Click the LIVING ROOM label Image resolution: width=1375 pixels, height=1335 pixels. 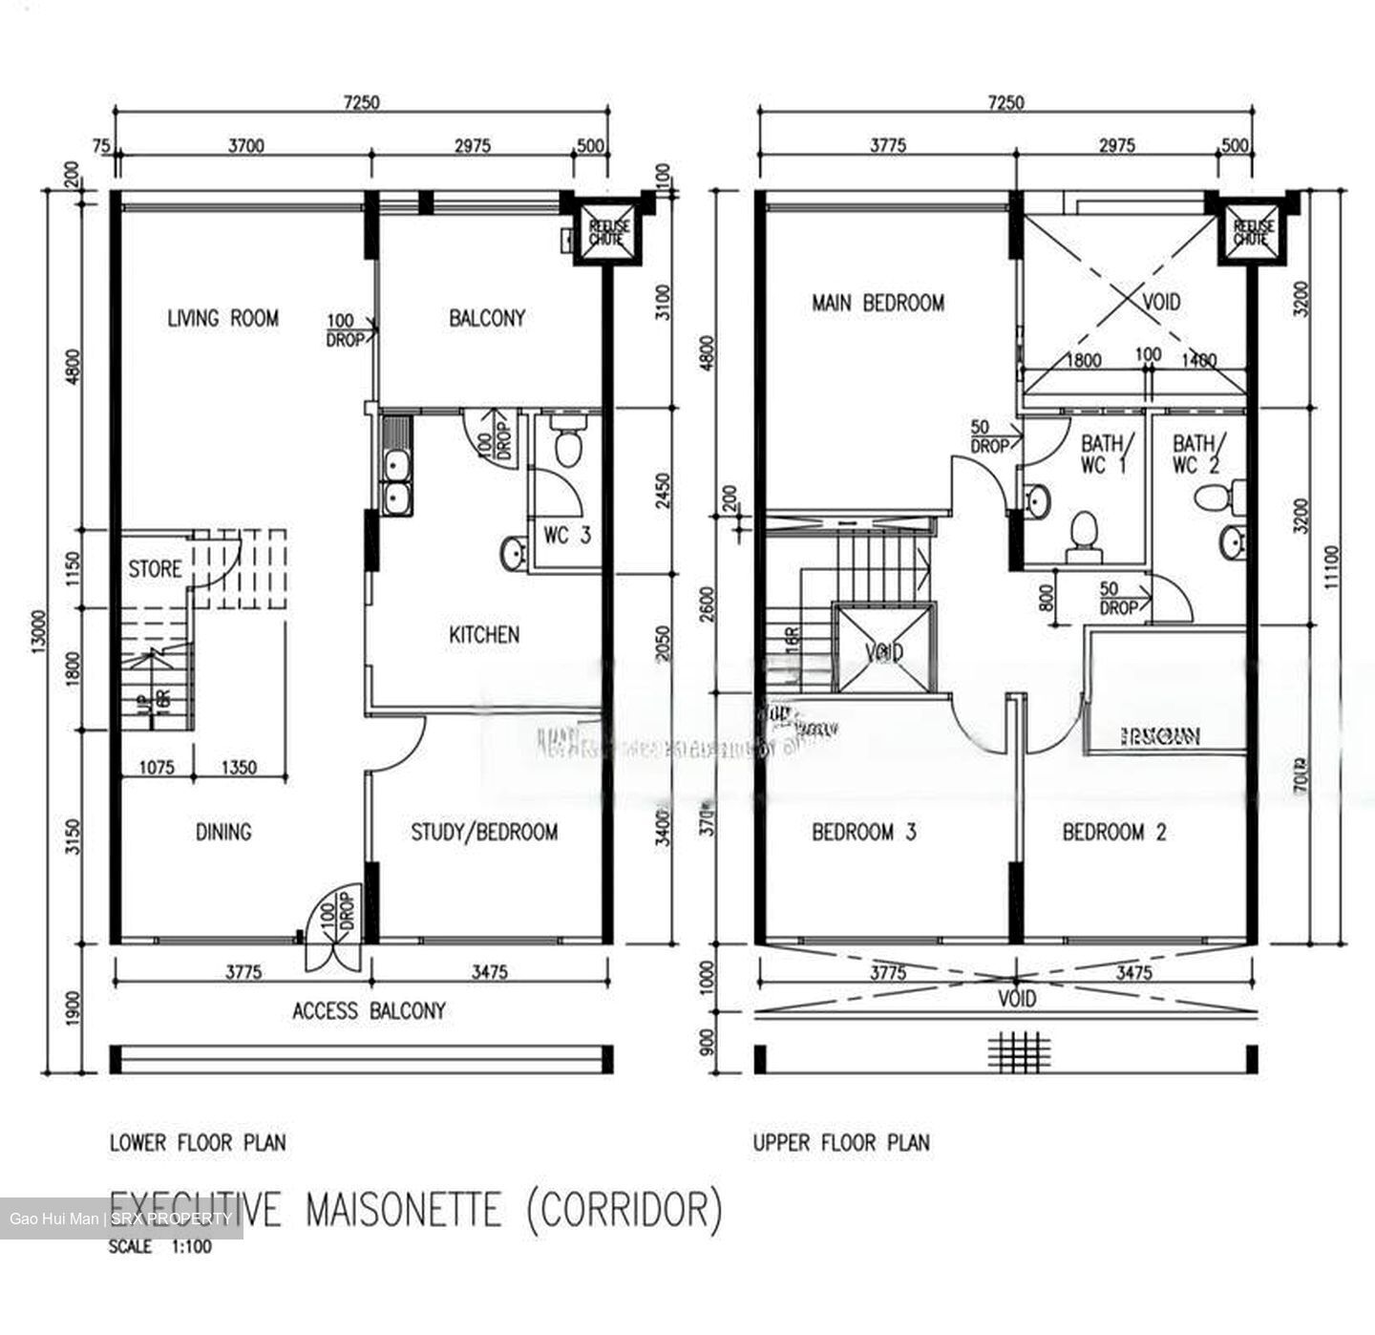coord(222,318)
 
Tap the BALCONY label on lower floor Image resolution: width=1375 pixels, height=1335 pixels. coord(487,318)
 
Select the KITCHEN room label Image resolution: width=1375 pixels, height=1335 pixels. coord(484,635)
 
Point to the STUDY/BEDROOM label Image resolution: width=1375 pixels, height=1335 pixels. coord(484,833)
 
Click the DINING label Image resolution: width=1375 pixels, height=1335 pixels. coord(223,833)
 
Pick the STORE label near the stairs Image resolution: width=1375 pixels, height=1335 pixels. coord(155,570)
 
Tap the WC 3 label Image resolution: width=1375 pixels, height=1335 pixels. coord(567,536)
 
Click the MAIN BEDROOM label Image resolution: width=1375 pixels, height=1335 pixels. coord(878,304)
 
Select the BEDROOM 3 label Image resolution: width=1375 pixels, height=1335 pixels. coord(863,833)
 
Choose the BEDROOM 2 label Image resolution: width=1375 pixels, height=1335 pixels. coord(1114,833)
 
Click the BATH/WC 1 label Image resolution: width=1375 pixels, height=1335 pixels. coord(1105,455)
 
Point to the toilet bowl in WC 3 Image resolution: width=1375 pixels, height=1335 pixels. coord(567,442)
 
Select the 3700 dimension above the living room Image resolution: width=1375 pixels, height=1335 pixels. coord(245,146)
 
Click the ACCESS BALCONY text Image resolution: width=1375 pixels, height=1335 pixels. coord(369,1011)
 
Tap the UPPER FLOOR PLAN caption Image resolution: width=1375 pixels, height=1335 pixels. coord(840,1142)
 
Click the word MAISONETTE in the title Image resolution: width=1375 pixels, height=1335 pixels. coord(402,1209)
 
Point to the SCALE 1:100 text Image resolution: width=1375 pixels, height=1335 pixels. coord(160,1247)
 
